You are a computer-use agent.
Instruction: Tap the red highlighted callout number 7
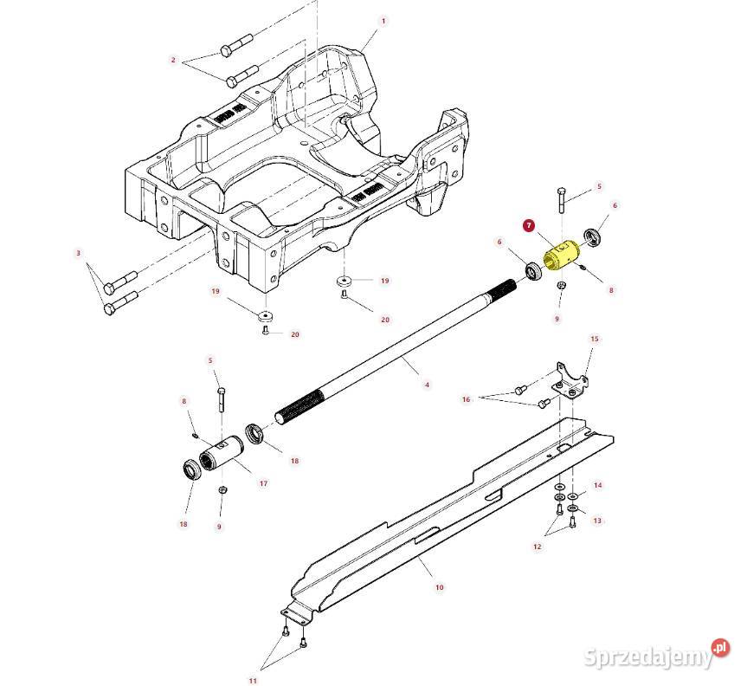click(x=529, y=225)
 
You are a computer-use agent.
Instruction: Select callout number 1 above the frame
click(x=383, y=20)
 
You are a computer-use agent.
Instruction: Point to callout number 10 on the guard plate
click(x=440, y=586)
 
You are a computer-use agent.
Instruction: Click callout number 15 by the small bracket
click(x=594, y=339)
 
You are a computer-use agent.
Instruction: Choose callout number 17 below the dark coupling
click(x=263, y=483)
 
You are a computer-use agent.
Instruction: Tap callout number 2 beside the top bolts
click(x=173, y=60)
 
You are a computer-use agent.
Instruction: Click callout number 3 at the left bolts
click(x=79, y=253)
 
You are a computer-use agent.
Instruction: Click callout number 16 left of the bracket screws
click(x=466, y=399)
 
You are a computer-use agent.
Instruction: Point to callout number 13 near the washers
click(x=597, y=521)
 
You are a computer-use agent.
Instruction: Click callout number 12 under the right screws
click(x=537, y=547)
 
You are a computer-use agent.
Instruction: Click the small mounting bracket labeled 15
click(x=569, y=383)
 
